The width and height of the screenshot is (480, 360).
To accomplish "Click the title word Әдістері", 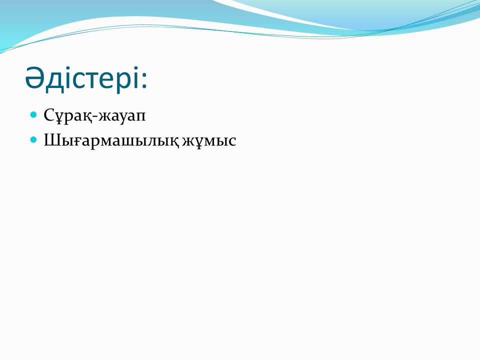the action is pos(82,78).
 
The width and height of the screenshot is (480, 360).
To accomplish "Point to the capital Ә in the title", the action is pos(34,77).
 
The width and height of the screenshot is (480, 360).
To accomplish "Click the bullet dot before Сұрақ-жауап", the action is pos(33,115).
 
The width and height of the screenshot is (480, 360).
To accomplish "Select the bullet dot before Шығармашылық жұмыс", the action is pos(33,140).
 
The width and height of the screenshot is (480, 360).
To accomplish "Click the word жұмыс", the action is pos(209,141).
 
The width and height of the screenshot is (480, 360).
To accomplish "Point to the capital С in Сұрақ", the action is pos(49,115).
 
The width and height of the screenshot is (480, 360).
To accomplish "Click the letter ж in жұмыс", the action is pos(189,141).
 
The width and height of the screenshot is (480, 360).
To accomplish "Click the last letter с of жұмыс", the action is pos(232,141).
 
